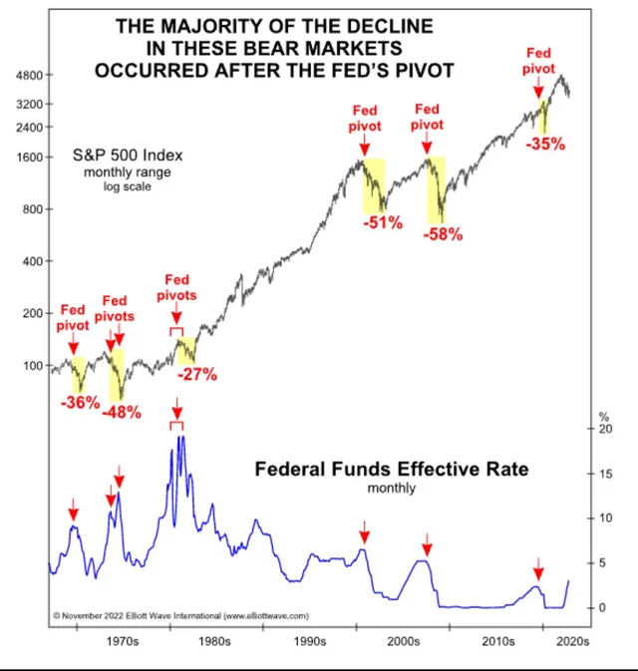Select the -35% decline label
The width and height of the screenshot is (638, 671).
544,144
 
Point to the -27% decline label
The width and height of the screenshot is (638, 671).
196,375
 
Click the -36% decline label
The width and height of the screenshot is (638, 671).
80,403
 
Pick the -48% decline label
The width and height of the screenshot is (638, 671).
122,411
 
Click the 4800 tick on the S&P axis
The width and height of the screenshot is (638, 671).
25,75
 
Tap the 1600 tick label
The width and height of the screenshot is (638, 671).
25,158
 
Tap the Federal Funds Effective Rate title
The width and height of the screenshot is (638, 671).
391,469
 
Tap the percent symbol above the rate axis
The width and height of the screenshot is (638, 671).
602,415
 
